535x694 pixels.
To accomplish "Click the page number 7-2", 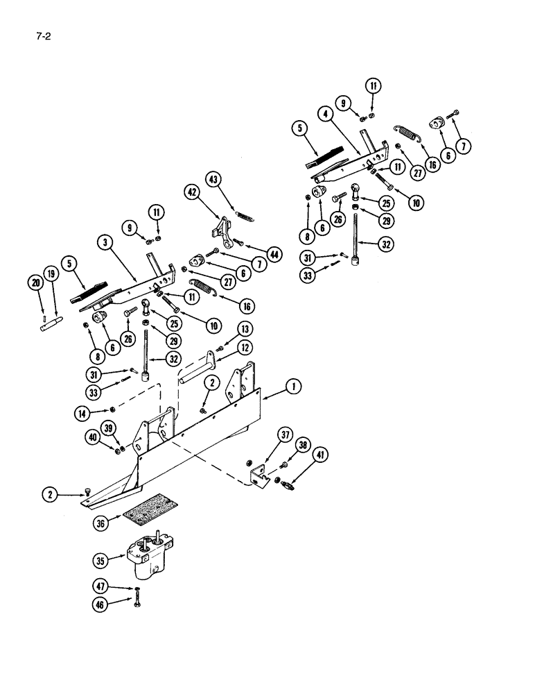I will (x=43, y=33).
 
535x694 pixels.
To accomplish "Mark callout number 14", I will (x=84, y=414).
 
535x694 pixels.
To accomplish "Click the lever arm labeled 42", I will (x=221, y=228).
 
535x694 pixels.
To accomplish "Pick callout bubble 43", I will (x=213, y=179).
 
